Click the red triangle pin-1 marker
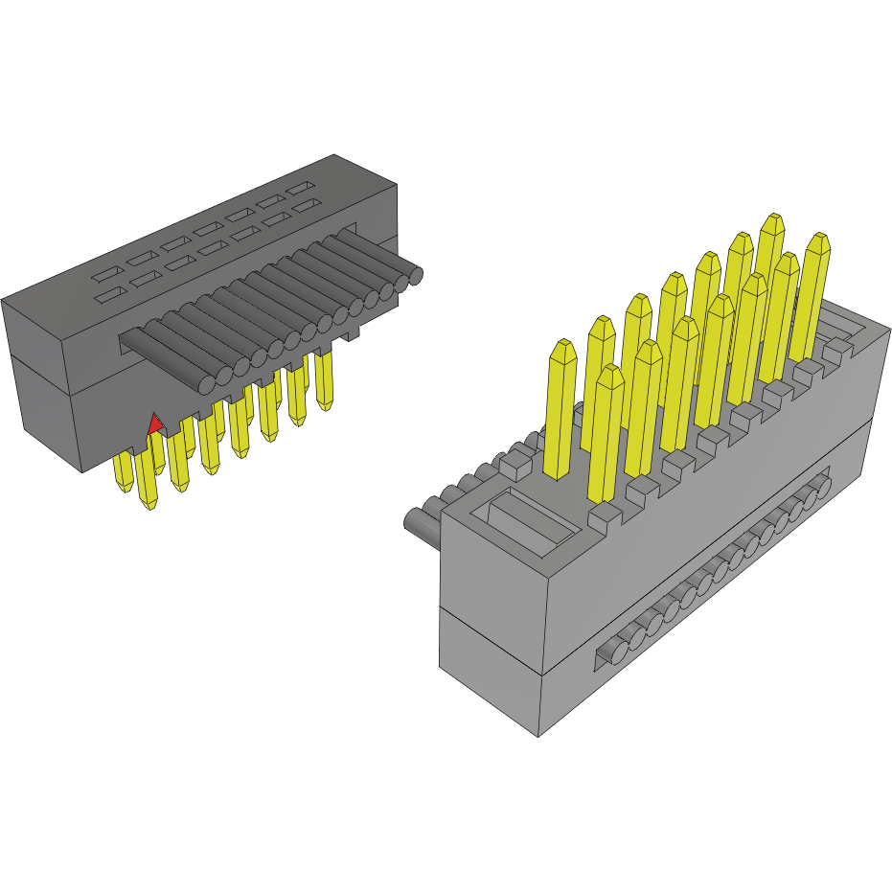click(153, 423)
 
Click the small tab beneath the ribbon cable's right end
click(351, 332)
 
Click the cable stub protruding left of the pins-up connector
click(422, 522)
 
